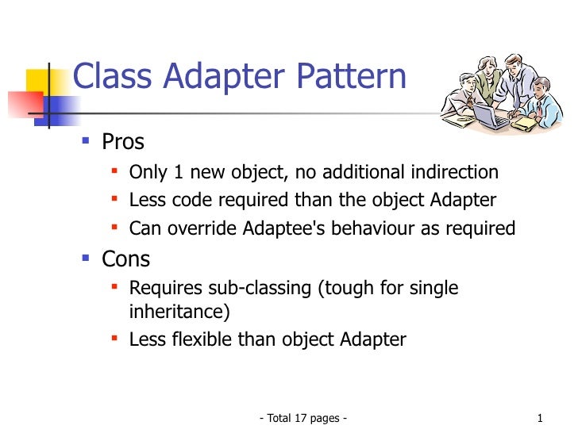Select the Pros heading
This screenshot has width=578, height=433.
tap(123, 143)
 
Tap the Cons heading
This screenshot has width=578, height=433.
tap(125, 259)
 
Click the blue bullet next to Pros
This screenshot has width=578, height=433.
tap(87, 143)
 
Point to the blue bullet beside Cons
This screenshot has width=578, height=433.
tap(87, 259)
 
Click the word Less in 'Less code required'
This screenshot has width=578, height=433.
tap(145, 201)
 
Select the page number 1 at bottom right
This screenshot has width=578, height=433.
tap(539, 418)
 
